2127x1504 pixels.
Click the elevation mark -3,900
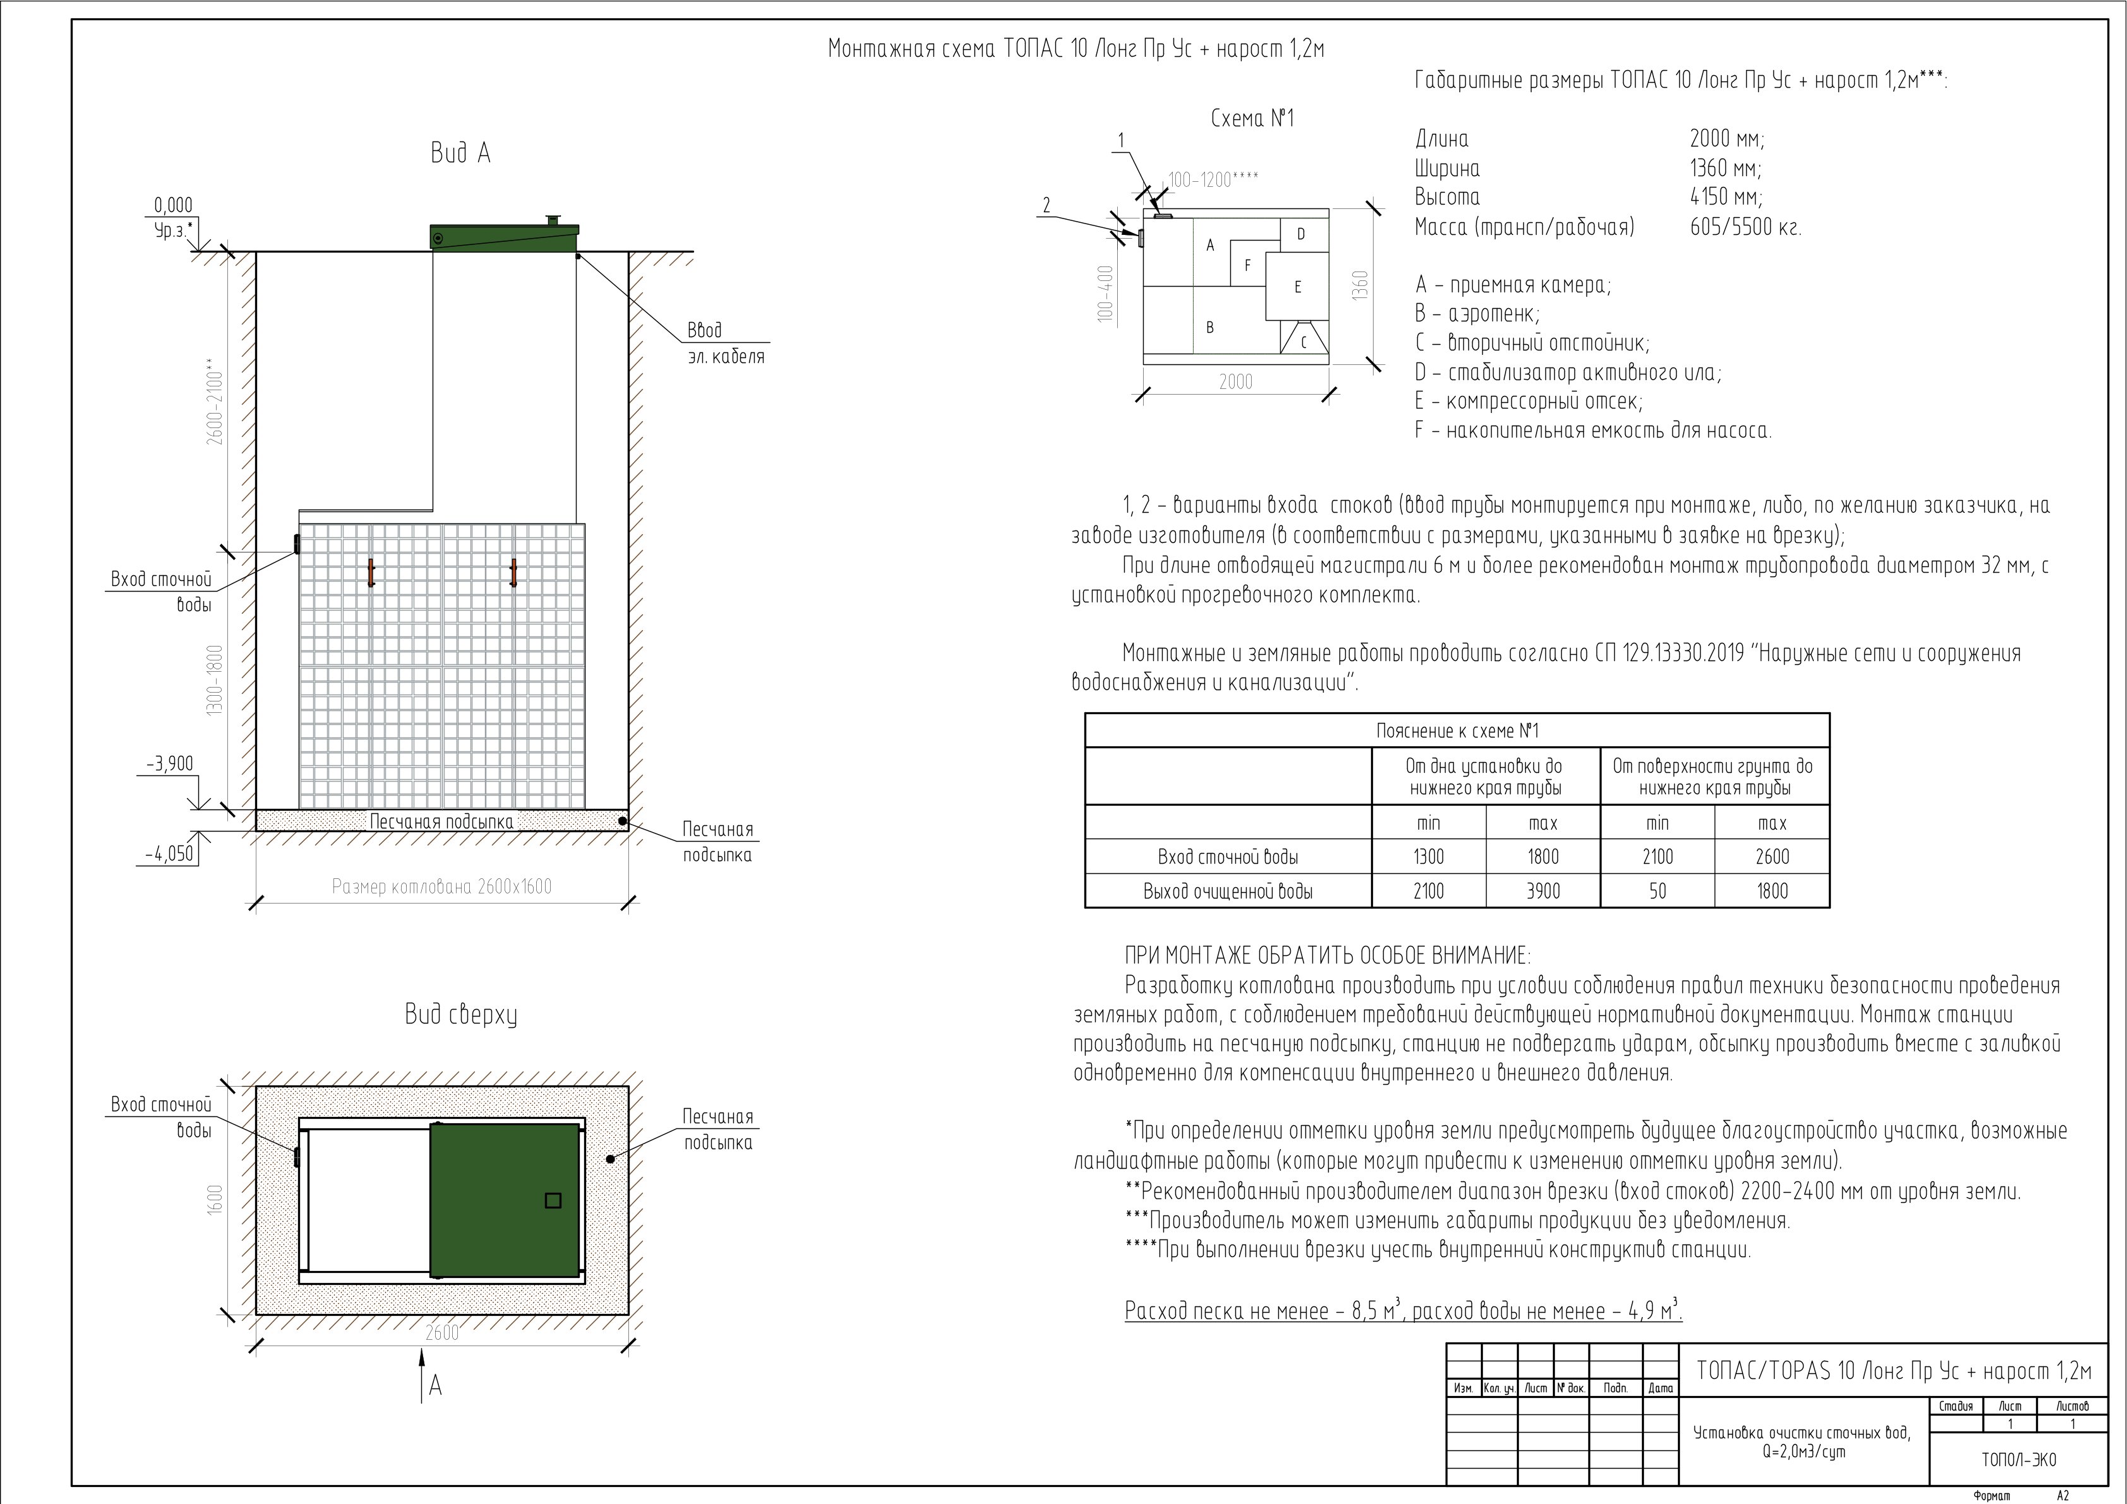click(169, 764)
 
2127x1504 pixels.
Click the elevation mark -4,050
click(169, 853)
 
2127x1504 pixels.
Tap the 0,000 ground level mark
click(173, 206)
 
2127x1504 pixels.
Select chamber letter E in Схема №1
click(1297, 287)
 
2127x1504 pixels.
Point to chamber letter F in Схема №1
click(1247, 266)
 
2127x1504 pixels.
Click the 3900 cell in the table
click(1542, 891)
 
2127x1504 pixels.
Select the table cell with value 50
click(1657, 891)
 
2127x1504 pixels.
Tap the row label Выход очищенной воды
click(1228, 892)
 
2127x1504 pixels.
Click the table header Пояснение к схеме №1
click(1457, 731)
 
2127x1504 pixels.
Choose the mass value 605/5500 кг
click(1746, 227)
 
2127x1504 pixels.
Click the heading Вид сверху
click(460, 1015)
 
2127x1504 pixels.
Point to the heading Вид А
click(460, 153)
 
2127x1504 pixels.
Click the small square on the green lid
click(553, 1200)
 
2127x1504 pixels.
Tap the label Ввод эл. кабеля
click(726, 343)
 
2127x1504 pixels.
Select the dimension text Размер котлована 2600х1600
click(442, 887)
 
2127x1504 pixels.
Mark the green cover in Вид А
click(504, 237)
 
